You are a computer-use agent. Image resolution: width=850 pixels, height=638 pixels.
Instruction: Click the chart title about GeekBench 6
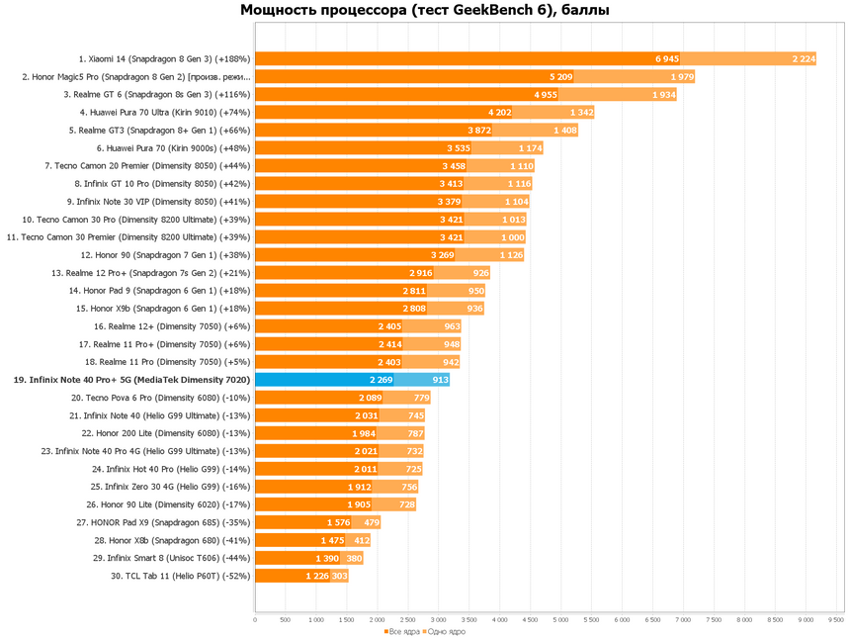[425, 11]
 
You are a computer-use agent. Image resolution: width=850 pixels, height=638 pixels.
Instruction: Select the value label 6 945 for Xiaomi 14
[667, 58]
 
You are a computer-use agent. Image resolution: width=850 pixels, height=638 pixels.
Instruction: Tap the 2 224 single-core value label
[804, 58]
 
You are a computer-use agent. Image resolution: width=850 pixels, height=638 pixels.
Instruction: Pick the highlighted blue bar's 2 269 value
[382, 380]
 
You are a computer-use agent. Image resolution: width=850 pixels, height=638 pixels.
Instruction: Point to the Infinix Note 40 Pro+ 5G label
[131, 380]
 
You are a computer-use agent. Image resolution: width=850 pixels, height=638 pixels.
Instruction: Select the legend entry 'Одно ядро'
[446, 631]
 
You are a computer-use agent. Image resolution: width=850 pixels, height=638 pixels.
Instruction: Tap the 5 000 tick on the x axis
[560, 620]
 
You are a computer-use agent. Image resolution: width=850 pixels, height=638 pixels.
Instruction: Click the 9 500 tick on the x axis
[835, 620]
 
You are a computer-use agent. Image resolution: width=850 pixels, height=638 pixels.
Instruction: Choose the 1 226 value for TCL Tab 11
[317, 576]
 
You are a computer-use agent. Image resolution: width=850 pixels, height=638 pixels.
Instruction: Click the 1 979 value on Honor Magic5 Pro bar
[682, 76]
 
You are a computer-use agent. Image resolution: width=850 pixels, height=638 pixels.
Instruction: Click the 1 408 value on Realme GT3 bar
[565, 130]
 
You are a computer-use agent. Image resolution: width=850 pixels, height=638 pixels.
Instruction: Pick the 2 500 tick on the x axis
[407, 620]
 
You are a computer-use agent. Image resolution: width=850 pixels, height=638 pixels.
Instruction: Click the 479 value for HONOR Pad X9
[372, 522]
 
